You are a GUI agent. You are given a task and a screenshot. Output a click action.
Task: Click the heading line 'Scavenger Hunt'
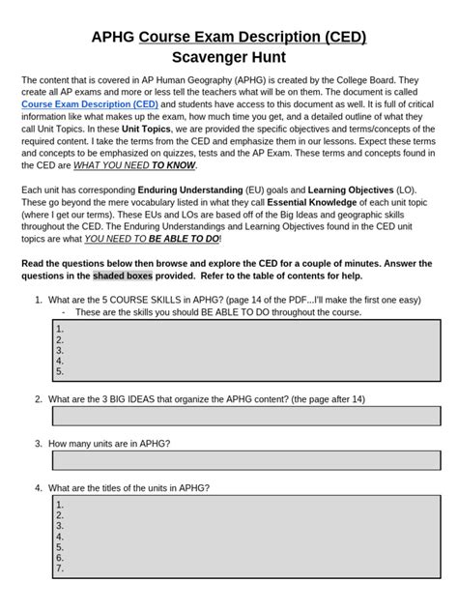point(228,57)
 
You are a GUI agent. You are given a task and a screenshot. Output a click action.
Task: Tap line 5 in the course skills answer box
point(61,370)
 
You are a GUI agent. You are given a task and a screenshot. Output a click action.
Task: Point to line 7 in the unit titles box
point(61,567)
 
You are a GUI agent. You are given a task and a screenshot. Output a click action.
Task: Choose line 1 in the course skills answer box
point(61,329)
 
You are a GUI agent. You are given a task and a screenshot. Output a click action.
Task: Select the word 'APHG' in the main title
point(112,37)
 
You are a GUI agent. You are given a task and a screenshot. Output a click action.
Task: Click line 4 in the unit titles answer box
point(61,536)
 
